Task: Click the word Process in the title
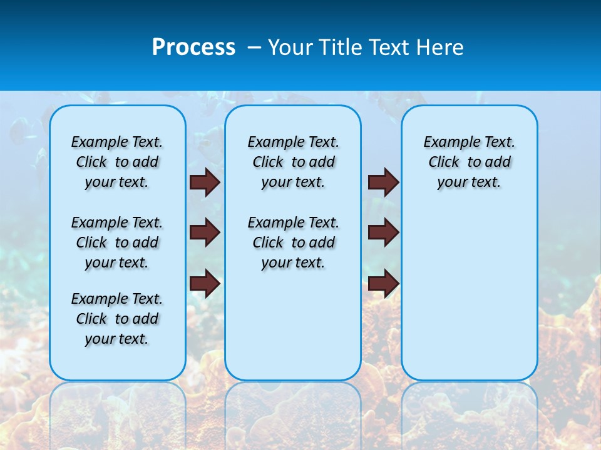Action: pyautogui.click(x=193, y=47)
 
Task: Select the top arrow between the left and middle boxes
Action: pyautogui.click(x=205, y=182)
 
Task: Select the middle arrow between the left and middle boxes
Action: pyautogui.click(x=205, y=232)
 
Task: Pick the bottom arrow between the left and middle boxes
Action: pyautogui.click(x=205, y=283)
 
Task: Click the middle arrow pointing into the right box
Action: pyautogui.click(x=383, y=232)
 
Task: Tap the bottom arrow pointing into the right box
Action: pyautogui.click(x=383, y=283)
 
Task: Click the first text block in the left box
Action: pyautogui.click(x=117, y=162)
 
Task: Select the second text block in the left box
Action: pyautogui.click(x=117, y=242)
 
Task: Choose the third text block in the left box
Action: pyautogui.click(x=117, y=319)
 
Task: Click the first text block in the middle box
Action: pyautogui.click(x=294, y=162)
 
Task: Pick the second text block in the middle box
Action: pyautogui.click(x=294, y=242)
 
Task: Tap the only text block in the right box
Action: pyautogui.click(x=470, y=162)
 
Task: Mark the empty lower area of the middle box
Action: pyautogui.click(x=294, y=325)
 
